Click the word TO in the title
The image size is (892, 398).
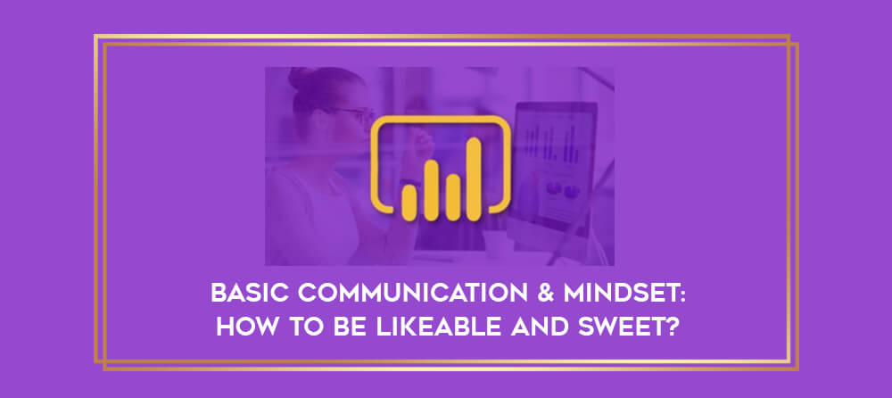(302, 328)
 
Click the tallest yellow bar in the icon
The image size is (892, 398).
(475, 178)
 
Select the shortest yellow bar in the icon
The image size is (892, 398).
(409, 203)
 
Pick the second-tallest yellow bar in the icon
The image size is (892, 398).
(431, 190)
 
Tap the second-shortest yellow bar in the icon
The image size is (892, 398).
(453, 197)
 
